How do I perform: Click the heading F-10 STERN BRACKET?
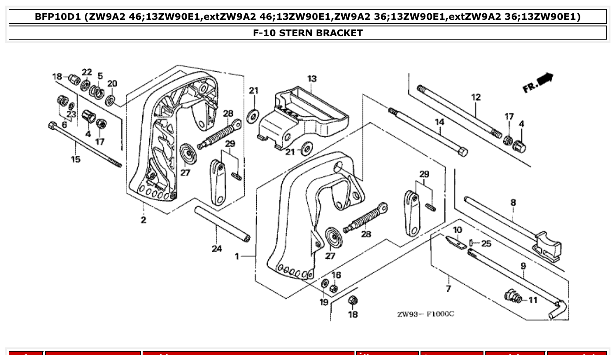(308, 33)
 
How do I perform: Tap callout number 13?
(312, 79)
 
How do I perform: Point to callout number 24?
(217, 249)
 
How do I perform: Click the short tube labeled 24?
(222, 224)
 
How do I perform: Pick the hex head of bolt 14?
(462, 152)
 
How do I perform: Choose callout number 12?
(476, 97)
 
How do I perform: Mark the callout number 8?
(513, 203)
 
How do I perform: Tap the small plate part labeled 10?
(456, 242)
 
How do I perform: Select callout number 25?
(486, 243)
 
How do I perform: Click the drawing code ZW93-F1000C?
(425, 314)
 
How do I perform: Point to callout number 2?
(144, 220)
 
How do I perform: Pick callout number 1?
(237, 256)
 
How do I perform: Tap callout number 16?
(336, 276)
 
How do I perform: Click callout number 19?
(324, 302)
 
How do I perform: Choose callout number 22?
(87, 72)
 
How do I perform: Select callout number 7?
(448, 289)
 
